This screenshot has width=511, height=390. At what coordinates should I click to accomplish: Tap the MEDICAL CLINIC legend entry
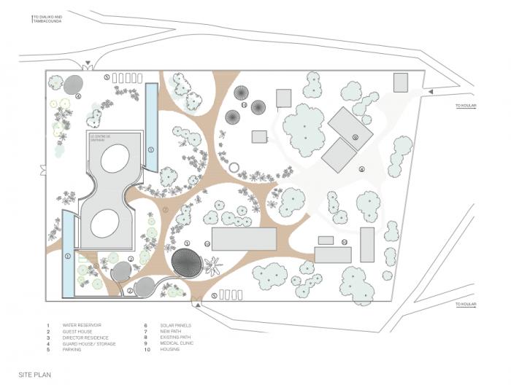[163, 343]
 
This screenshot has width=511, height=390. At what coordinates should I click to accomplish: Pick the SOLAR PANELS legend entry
[161, 325]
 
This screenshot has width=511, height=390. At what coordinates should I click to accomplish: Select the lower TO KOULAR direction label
[466, 304]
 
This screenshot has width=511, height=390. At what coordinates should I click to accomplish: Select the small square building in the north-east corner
[401, 82]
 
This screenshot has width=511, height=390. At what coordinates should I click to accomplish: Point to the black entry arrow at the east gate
[431, 91]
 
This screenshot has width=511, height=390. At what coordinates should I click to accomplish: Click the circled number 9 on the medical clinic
[355, 136]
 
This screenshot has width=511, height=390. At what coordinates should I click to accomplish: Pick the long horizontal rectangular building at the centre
[244, 238]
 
